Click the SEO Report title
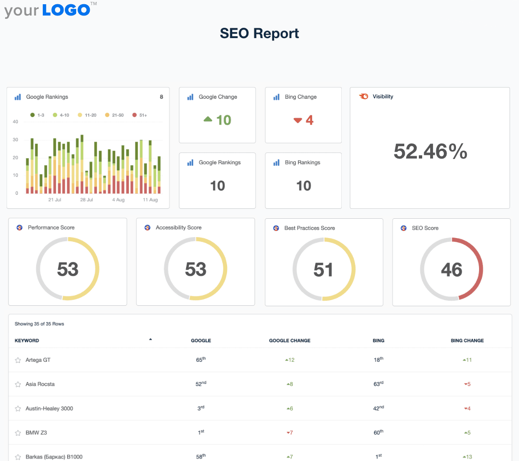(259, 33)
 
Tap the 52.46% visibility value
(430, 151)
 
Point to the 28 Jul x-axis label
(86, 199)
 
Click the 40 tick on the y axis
(16, 121)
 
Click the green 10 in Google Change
(223, 120)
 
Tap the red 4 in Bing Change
(309, 120)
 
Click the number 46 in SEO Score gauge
(451, 270)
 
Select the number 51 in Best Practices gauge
(323, 270)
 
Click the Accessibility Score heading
(179, 228)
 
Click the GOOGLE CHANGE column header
(290, 341)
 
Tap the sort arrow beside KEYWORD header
(150, 339)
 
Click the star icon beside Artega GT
(18, 360)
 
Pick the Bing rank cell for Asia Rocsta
(378, 384)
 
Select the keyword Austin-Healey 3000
(49, 408)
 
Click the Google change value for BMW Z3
(290, 433)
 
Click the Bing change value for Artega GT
(467, 360)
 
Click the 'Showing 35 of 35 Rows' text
(39, 324)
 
